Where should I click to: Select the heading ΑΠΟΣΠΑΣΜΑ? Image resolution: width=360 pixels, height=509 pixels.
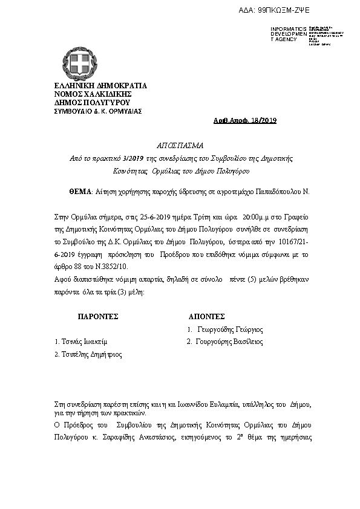coord(181,146)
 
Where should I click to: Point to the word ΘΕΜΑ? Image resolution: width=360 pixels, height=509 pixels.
coord(79,191)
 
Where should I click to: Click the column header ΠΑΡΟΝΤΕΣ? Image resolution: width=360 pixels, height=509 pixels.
coord(97,316)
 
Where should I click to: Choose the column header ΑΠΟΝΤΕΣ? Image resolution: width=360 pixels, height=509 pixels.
coord(206,316)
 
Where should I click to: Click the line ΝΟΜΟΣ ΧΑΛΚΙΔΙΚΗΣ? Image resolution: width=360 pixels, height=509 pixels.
coord(93,94)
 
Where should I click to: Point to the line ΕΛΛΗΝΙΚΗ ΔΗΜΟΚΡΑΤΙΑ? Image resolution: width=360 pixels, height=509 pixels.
coord(100,86)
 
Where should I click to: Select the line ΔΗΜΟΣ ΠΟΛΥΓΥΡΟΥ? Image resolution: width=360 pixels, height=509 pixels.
coord(93,103)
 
